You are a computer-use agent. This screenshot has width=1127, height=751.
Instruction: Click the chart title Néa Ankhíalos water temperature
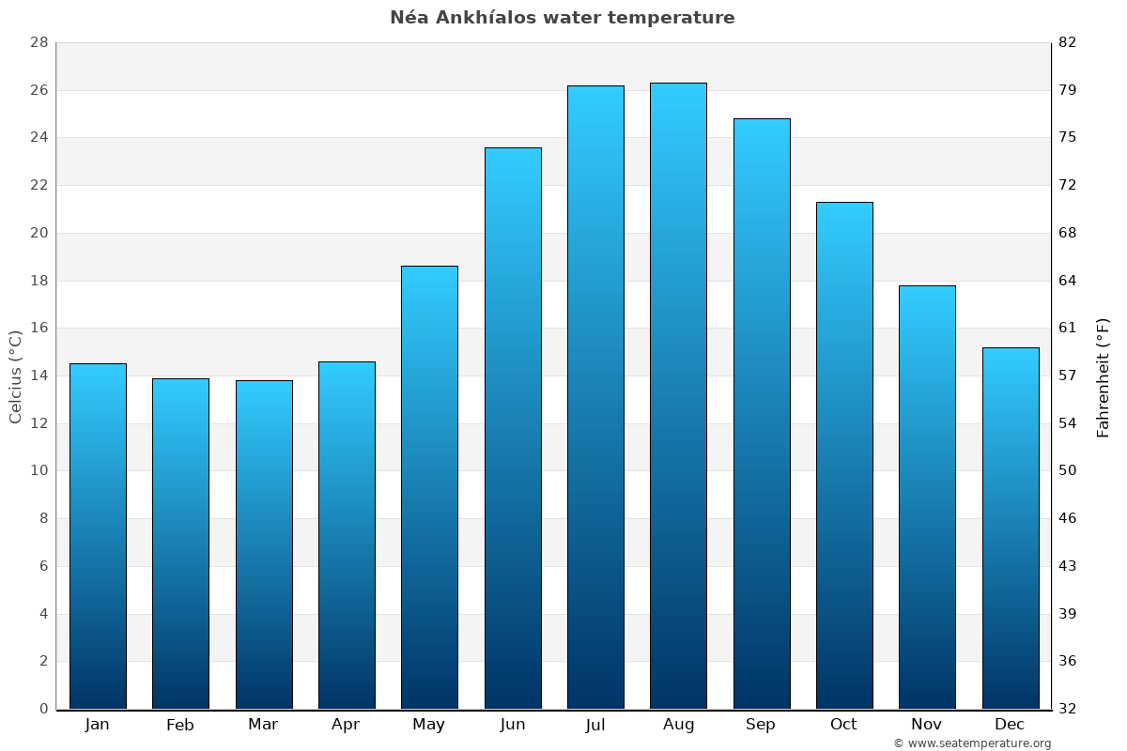pyautogui.click(x=562, y=18)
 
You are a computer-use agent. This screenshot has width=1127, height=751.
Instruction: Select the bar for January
pyautogui.click(x=98, y=536)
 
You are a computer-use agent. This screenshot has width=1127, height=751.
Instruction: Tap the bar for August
pyautogui.click(x=678, y=395)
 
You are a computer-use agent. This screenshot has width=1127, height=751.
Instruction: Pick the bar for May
pyautogui.click(x=429, y=487)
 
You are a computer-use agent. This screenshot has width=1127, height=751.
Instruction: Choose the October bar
pyautogui.click(x=844, y=455)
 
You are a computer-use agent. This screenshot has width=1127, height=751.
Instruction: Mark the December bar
pyautogui.click(x=1011, y=528)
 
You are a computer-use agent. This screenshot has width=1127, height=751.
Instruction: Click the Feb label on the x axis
pyautogui.click(x=180, y=725)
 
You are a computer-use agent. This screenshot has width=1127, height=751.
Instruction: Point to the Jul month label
pyautogui.click(x=595, y=725)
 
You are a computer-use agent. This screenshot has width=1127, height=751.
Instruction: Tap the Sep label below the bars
pyautogui.click(x=761, y=725)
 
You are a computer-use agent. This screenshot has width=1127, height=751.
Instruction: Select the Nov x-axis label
pyautogui.click(x=927, y=725)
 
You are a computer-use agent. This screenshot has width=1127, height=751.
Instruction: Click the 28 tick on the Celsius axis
pyautogui.click(x=39, y=43)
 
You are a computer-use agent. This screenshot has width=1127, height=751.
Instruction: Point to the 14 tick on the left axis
pyautogui.click(x=39, y=375)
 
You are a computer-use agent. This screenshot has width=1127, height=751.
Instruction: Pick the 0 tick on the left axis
pyautogui.click(x=43, y=709)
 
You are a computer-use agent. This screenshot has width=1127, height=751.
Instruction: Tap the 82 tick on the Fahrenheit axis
pyautogui.click(x=1068, y=43)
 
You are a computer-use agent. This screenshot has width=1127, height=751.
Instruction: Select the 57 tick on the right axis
pyautogui.click(x=1068, y=375)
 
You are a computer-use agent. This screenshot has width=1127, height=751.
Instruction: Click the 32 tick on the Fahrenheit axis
pyautogui.click(x=1068, y=709)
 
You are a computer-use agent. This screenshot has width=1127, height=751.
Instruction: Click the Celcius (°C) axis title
pyautogui.click(x=16, y=376)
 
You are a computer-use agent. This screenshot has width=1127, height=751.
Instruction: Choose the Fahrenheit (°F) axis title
pyautogui.click(x=1104, y=376)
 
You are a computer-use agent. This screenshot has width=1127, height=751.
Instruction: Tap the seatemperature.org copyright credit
pyautogui.click(x=972, y=743)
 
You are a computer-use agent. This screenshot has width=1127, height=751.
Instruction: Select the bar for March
pyautogui.click(x=264, y=544)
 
